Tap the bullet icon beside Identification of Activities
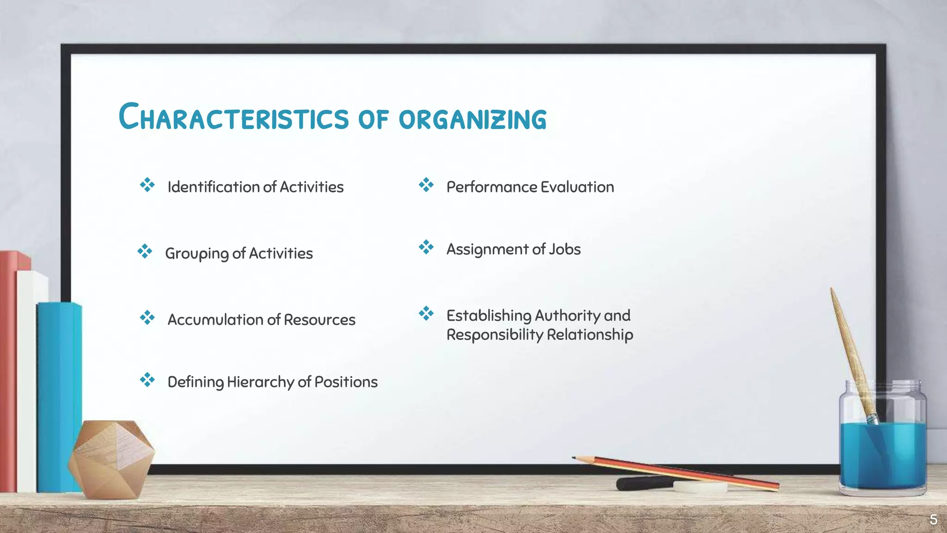click(147, 185)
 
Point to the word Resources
click(319, 320)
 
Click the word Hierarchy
click(260, 382)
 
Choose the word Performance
click(491, 187)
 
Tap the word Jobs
click(565, 249)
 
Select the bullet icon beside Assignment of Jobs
click(426, 247)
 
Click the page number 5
click(933, 520)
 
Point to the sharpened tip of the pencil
click(575, 458)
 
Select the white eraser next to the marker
click(700, 487)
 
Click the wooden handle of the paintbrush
click(849, 342)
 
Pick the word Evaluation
click(577, 187)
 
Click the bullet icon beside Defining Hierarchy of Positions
click(147, 380)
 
